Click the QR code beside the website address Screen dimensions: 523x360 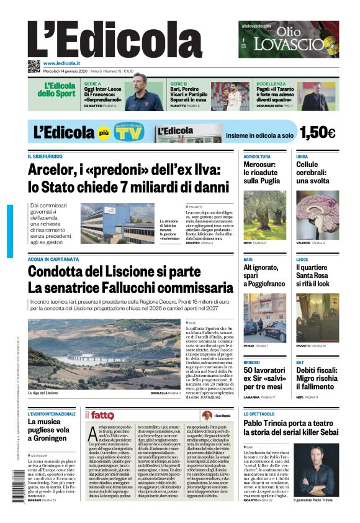[x=34, y=66]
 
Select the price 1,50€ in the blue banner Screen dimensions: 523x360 [x=317, y=133]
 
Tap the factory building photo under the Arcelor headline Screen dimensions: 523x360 [x=117, y=224]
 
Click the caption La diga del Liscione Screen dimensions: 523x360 [x=42, y=393]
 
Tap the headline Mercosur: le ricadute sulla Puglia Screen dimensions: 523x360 [x=259, y=173]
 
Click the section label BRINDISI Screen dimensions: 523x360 [x=251, y=362]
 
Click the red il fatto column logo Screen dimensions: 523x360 [x=99, y=415]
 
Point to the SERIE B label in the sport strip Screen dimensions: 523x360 [x=179, y=83]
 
